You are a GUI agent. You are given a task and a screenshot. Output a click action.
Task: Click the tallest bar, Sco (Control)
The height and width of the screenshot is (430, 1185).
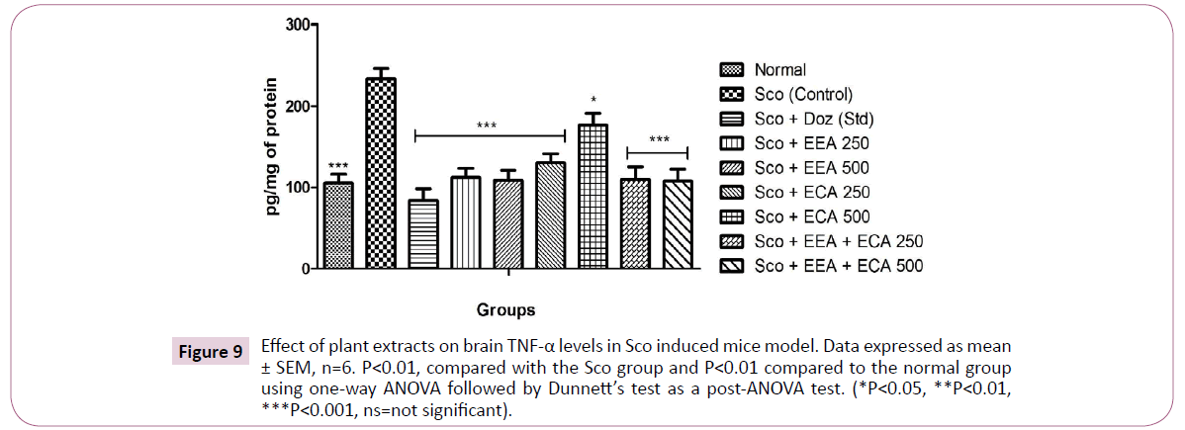pos(381,173)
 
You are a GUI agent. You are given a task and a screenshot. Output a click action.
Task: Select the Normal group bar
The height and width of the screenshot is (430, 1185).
pos(338,225)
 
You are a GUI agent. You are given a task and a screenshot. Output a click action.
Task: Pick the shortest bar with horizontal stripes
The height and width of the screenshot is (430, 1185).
pos(423,233)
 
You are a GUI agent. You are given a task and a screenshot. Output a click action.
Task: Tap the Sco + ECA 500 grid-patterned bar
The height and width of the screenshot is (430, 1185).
pos(592,196)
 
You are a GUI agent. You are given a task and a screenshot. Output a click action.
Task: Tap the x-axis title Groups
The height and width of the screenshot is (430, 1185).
pos(503,309)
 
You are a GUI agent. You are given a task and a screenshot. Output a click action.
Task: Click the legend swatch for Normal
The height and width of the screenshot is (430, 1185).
pos(733,70)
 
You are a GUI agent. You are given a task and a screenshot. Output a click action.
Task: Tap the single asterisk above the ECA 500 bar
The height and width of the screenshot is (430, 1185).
pos(592,100)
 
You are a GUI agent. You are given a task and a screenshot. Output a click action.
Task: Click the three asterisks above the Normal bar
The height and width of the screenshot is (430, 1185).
pos(338,165)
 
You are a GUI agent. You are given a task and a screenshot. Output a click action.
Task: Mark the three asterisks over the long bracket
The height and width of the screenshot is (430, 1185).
pos(487,126)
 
